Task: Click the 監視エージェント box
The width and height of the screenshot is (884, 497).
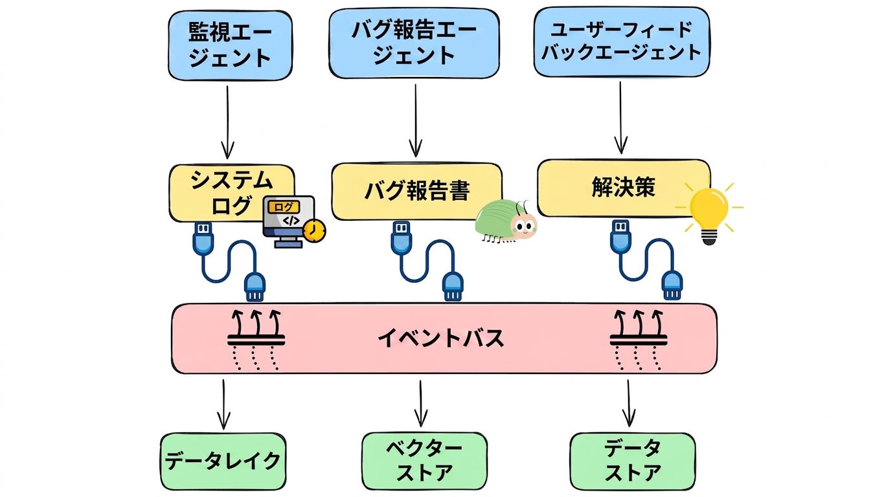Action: (x=230, y=45)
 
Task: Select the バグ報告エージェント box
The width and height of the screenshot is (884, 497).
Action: (x=414, y=43)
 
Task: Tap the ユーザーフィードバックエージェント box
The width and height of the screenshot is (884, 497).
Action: (x=622, y=41)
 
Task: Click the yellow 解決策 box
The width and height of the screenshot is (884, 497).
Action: (x=624, y=188)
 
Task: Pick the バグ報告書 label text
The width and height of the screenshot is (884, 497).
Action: (x=417, y=191)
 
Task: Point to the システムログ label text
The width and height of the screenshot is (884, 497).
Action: (x=231, y=193)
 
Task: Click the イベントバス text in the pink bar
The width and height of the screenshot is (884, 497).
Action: (x=440, y=338)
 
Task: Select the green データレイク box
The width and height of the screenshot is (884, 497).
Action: (x=223, y=461)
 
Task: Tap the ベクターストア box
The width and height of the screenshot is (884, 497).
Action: (x=425, y=461)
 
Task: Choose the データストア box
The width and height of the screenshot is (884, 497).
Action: (x=633, y=461)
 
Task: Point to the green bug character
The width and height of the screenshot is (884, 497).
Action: (x=506, y=221)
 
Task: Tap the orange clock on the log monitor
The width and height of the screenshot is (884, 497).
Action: (x=314, y=231)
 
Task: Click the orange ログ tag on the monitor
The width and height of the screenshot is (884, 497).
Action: (x=284, y=207)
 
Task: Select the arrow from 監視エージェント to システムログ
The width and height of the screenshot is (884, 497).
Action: (x=228, y=122)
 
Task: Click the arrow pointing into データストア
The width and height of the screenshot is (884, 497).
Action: (x=629, y=403)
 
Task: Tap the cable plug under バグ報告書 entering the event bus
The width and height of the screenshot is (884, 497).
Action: (x=453, y=287)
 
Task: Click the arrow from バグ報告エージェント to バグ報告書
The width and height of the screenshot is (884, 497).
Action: (x=416, y=121)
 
